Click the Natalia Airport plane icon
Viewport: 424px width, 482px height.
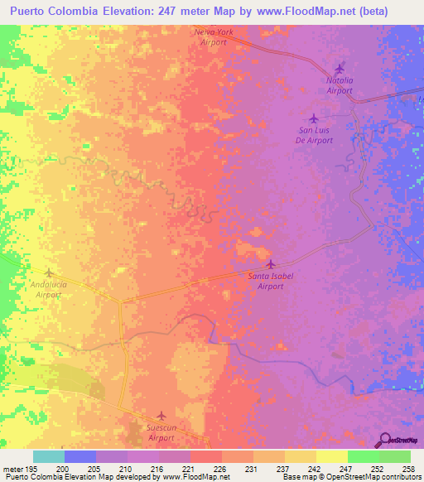[339, 69]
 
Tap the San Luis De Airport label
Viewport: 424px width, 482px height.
[315, 135]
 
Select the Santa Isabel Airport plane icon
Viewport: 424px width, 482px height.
[270, 264]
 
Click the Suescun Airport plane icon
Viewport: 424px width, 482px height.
[161, 416]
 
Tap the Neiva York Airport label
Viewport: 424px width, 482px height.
[213, 36]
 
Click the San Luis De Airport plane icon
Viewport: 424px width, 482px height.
[313, 118]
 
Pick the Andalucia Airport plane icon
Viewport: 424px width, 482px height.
[48, 272]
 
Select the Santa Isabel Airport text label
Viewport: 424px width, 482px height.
[271, 281]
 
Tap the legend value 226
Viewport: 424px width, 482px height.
[219, 469]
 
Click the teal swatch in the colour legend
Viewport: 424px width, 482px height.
[49, 456]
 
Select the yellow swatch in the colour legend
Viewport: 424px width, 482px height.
[331, 456]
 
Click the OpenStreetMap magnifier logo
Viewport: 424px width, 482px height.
[385, 440]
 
